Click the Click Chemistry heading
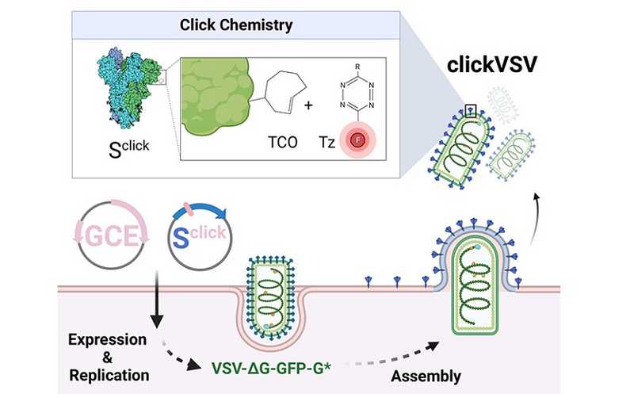[234, 25]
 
